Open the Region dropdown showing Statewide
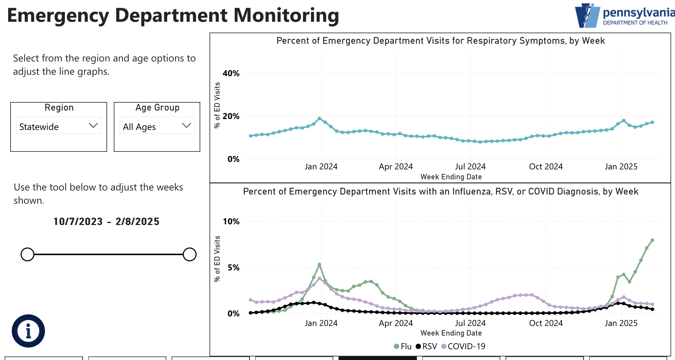(58, 126)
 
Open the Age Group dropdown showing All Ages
(157, 126)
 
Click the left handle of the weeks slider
(27, 254)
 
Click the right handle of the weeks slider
(190, 254)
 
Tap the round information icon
(28, 331)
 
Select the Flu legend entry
(403, 346)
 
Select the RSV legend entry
(426, 346)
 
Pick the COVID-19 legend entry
(463, 346)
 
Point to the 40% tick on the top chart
(231, 73)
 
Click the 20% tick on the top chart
(231, 116)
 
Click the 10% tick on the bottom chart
(231, 221)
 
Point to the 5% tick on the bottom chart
(234, 268)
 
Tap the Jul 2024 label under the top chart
(470, 167)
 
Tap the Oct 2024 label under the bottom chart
(546, 323)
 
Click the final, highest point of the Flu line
(652, 240)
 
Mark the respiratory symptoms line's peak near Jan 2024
(319, 119)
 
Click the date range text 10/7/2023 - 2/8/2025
(106, 221)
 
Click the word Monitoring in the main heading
(286, 15)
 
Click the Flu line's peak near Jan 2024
(319, 265)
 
